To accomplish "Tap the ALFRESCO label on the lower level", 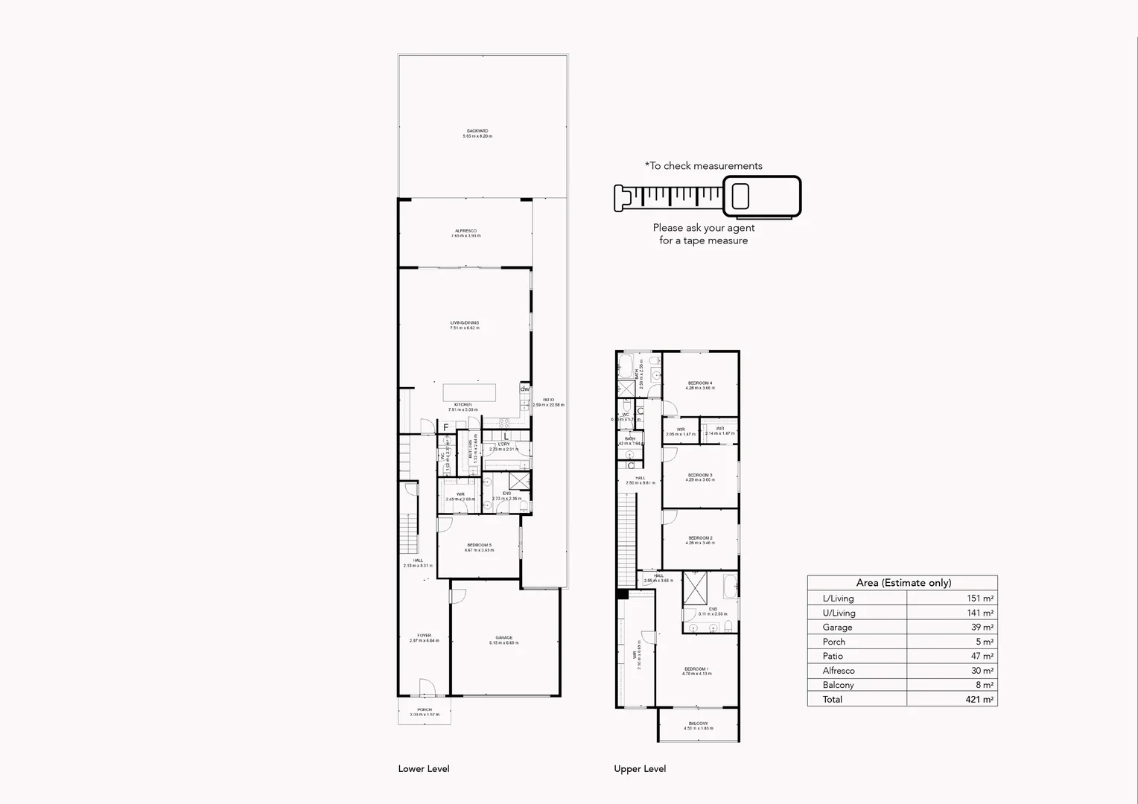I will [465, 232].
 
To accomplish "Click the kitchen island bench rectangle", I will [470, 392].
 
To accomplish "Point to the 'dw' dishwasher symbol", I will [525, 389].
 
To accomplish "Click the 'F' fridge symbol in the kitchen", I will [446, 427].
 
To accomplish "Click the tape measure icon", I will [708, 197].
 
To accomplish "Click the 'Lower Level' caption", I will [424, 769].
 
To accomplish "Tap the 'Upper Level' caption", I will [640, 769].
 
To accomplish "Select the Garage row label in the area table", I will [837, 627].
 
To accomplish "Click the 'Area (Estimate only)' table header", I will [903, 583].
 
